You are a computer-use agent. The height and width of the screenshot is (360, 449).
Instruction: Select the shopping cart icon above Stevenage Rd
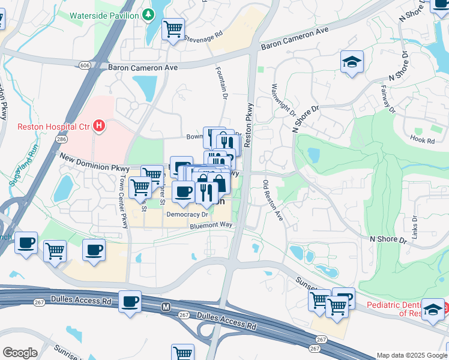(x=173, y=28)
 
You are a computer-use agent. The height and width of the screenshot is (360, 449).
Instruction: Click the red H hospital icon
(x=100, y=126)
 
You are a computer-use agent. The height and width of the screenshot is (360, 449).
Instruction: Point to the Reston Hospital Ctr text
(x=53, y=126)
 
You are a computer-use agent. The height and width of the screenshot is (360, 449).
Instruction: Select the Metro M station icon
(x=166, y=307)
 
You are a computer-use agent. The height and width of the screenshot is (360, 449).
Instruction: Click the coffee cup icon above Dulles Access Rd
(x=130, y=301)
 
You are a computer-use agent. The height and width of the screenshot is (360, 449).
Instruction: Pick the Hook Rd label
(x=422, y=140)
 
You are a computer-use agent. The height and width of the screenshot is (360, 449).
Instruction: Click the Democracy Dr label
(x=187, y=214)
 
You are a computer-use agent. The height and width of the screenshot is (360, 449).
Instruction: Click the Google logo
(x=20, y=353)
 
